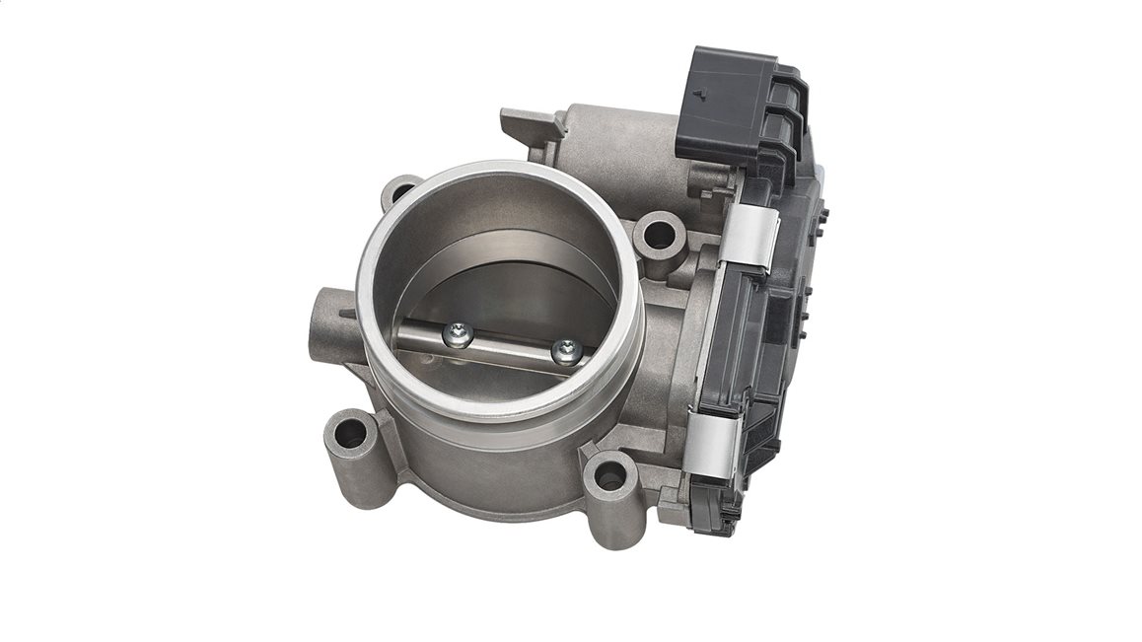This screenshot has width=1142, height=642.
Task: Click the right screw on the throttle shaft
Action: [566, 350]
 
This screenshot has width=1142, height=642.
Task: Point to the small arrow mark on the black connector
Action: [699, 96]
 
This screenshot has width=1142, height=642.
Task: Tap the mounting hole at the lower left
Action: [347, 433]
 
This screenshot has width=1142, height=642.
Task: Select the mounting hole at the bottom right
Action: [609, 480]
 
